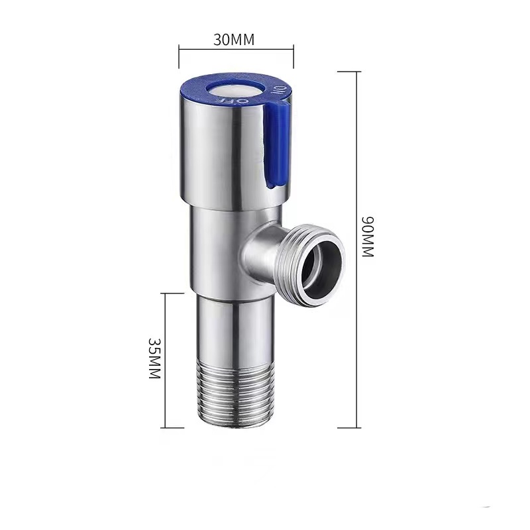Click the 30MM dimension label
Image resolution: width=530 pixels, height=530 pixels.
click(x=234, y=40)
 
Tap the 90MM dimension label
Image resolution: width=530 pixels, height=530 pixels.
click(x=368, y=237)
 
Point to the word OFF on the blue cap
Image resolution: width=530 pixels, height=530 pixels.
click(x=233, y=101)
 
